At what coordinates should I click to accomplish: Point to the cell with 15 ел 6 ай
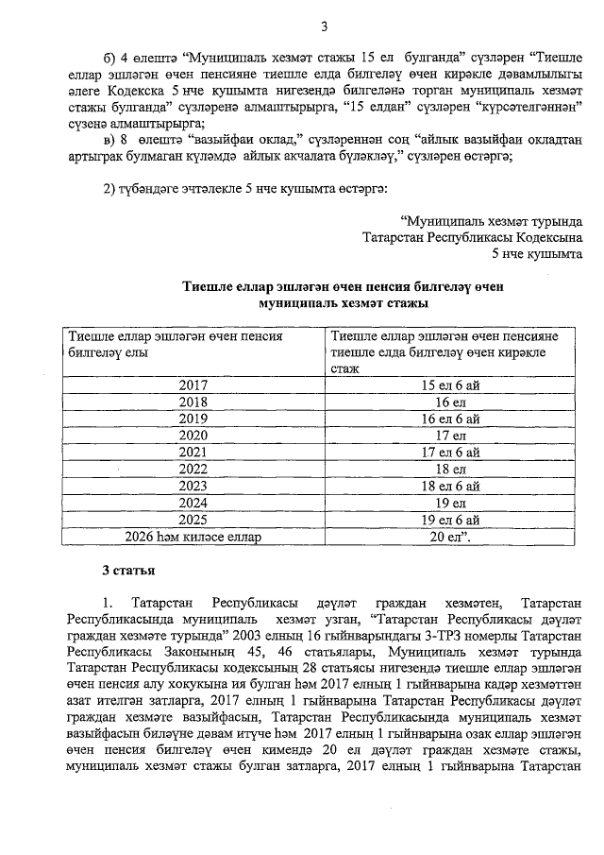[451, 385]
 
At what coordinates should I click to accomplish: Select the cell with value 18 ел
[451, 469]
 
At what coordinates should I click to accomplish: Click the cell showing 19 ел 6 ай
[451, 520]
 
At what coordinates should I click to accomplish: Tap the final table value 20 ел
[451, 537]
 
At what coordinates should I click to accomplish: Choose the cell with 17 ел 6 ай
[451, 453]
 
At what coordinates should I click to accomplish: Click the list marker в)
[109, 141]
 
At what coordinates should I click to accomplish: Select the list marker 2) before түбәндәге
[109, 190]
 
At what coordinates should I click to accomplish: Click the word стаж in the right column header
[344, 368]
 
